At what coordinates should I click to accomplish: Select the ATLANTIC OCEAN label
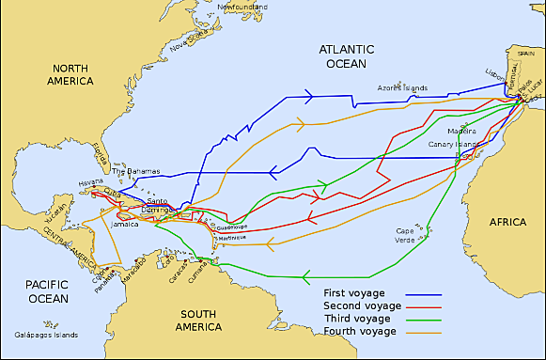click(345, 55)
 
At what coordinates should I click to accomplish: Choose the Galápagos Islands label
click(42, 335)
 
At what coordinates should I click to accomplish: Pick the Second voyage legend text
click(362, 306)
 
